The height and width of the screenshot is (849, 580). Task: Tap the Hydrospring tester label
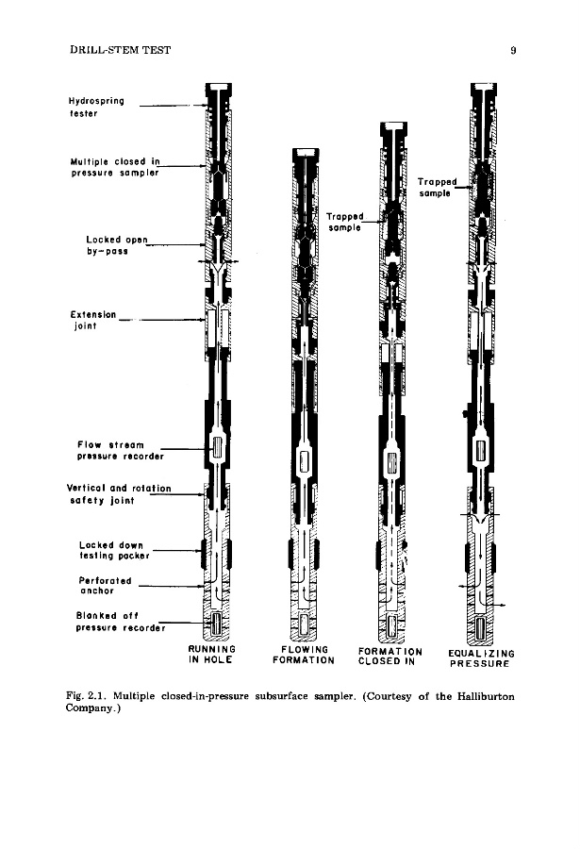pos(96,107)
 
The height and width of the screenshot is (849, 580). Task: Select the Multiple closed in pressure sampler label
pos(115,166)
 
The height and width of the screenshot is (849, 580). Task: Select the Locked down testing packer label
pos(117,552)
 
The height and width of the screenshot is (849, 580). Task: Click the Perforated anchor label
pos(106,586)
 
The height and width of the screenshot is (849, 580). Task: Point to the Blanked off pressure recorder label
pos(120,622)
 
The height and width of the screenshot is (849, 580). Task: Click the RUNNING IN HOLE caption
pos(211,656)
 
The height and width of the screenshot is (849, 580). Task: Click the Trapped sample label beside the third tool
pos(346,221)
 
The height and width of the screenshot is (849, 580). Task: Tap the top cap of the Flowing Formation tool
pos(304,153)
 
